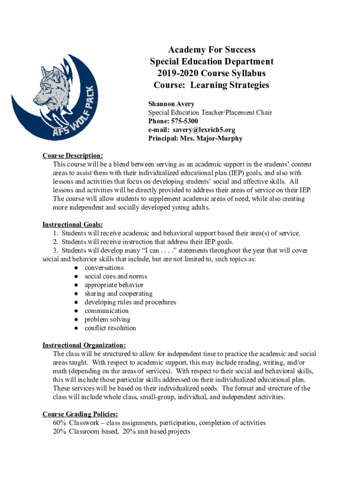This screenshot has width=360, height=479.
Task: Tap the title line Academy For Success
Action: click(211, 50)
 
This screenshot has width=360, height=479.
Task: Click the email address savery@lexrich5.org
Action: click(203, 130)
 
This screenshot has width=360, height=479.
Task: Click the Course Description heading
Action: click(72, 156)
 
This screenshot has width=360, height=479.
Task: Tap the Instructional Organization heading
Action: click(84, 345)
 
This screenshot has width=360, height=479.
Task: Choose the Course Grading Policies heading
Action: click(80, 414)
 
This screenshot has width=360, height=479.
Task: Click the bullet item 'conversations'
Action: click(104, 268)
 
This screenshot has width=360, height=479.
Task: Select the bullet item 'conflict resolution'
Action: click(110, 328)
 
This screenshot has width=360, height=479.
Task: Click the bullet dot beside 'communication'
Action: click(76, 311)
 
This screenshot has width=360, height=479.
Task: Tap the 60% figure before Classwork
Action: click(59, 423)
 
